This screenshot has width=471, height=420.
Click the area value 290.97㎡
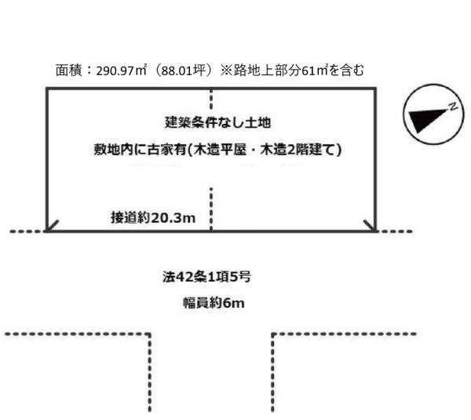(x=121, y=71)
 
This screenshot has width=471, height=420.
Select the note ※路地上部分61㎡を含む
(x=292, y=71)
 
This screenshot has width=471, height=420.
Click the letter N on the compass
(x=453, y=106)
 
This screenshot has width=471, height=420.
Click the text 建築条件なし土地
(x=217, y=122)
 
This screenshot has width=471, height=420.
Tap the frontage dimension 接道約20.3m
(x=153, y=217)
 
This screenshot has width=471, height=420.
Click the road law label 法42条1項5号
(x=206, y=277)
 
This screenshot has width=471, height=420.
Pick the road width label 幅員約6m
(x=214, y=302)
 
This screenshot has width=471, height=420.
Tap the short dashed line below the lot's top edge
(x=211, y=99)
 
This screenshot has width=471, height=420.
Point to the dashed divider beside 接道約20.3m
(x=211, y=209)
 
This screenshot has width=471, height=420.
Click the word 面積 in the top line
(x=68, y=71)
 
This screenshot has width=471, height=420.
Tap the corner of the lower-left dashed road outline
(x=150, y=334)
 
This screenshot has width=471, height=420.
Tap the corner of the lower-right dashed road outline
(x=272, y=334)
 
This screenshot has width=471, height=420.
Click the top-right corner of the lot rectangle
(x=375, y=89)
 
